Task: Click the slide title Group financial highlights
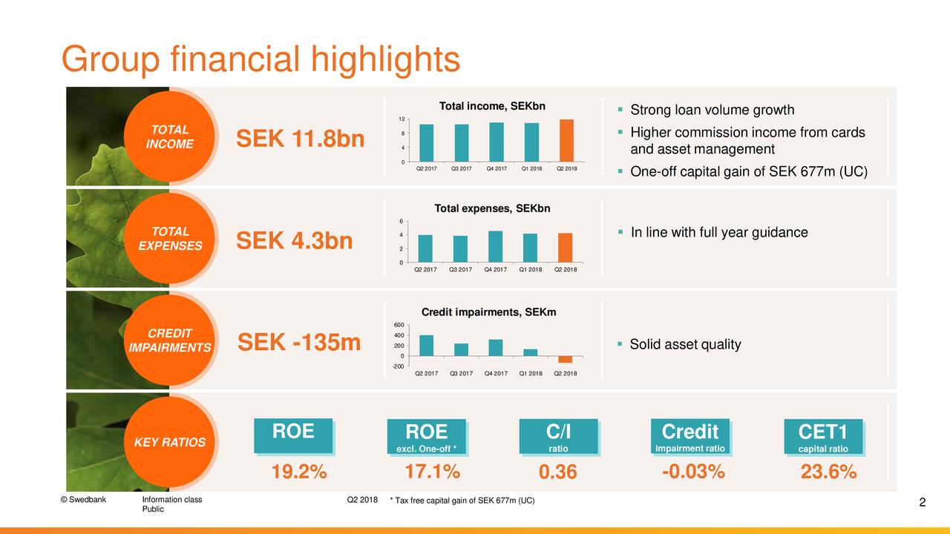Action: tap(261, 59)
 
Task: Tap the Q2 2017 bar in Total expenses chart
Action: tap(425, 248)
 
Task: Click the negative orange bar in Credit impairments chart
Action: tap(566, 359)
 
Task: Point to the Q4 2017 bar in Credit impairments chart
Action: tap(496, 348)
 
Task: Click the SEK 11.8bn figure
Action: tap(300, 139)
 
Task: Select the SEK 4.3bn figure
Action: tap(294, 241)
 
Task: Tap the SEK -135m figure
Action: tap(299, 343)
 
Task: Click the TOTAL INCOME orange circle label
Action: tap(170, 137)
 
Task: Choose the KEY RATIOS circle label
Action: tap(170, 443)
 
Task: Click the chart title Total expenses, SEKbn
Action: tap(492, 208)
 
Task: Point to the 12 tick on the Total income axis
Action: tap(401, 120)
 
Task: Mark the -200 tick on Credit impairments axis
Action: tap(399, 366)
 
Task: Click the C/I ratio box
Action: tap(558, 437)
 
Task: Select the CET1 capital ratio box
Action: tap(823, 437)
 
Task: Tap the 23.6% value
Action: tap(828, 472)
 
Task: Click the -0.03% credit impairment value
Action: tap(692, 472)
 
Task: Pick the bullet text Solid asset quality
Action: tap(684, 345)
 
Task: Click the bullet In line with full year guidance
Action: tap(718, 233)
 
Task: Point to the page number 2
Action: tap(922, 504)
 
